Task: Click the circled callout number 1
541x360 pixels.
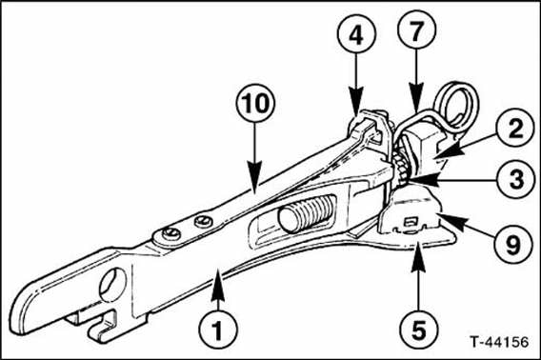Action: click(x=218, y=330)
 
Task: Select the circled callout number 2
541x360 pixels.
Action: click(x=515, y=128)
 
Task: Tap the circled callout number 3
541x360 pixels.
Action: click(x=515, y=179)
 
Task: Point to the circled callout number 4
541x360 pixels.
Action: click(x=356, y=33)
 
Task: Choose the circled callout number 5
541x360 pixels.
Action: click(x=419, y=330)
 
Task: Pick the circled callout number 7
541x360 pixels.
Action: click(x=417, y=30)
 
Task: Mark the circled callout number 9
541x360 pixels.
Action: click(x=513, y=244)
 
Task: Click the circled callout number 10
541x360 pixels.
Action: click(x=255, y=103)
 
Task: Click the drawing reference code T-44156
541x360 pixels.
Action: click(x=499, y=342)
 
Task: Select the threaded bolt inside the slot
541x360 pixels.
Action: click(x=305, y=214)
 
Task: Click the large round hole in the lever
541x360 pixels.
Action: click(x=112, y=285)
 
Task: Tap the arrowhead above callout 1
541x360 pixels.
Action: click(x=218, y=281)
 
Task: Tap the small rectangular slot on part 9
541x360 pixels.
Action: click(x=410, y=221)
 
